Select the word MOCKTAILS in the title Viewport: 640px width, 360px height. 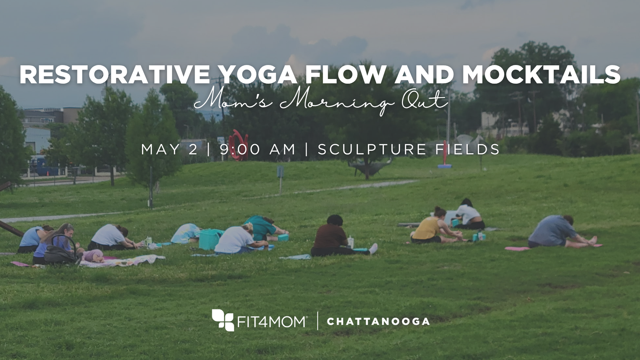[x=541, y=74]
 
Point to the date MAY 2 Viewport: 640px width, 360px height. [x=169, y=149]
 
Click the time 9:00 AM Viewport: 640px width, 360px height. [x=257, y=149]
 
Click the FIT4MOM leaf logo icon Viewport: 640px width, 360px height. [x=223, y=320]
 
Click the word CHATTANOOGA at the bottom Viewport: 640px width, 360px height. [x=378, y=321]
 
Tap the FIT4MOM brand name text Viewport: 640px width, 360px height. [x=272, y=321]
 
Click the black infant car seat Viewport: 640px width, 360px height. [x=60, y=251]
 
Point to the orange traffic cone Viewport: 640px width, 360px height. [x=47, y=173]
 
